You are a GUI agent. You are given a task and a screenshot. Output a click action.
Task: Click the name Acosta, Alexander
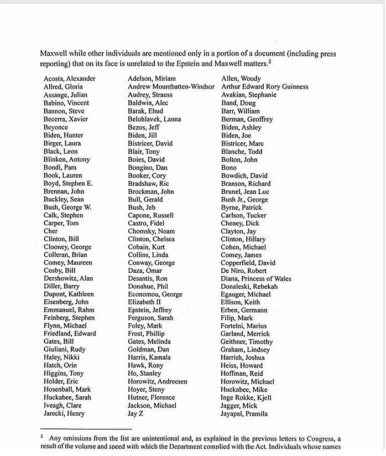[x=69, y=79]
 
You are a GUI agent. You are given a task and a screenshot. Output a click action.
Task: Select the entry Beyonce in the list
[x=56, y=127]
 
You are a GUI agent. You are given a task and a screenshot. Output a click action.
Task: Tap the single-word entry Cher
[x=50, y=231]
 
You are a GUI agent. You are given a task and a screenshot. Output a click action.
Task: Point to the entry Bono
[x=228, y=167]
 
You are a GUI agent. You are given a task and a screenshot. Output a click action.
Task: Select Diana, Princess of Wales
[x=256, y=278]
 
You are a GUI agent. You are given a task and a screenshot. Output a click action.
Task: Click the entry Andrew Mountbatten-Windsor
[x=171, y=87]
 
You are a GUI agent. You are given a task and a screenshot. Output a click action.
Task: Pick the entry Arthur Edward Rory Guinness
[x=264, y=87]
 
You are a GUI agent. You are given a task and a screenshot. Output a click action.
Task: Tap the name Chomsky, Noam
[x=151, y=231]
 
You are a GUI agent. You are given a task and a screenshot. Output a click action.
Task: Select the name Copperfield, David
[x=248, y=263]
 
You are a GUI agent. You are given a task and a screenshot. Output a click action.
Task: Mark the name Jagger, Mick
[x=239, y=406]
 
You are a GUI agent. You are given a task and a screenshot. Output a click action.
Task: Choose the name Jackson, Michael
[x=152, y=406]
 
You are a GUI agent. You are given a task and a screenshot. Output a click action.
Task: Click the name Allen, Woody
[x=241, y=79]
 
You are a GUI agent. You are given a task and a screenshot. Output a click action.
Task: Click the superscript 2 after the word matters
[x=269, y=61]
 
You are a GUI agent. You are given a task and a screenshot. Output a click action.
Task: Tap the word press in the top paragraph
[x=327, y=54]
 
